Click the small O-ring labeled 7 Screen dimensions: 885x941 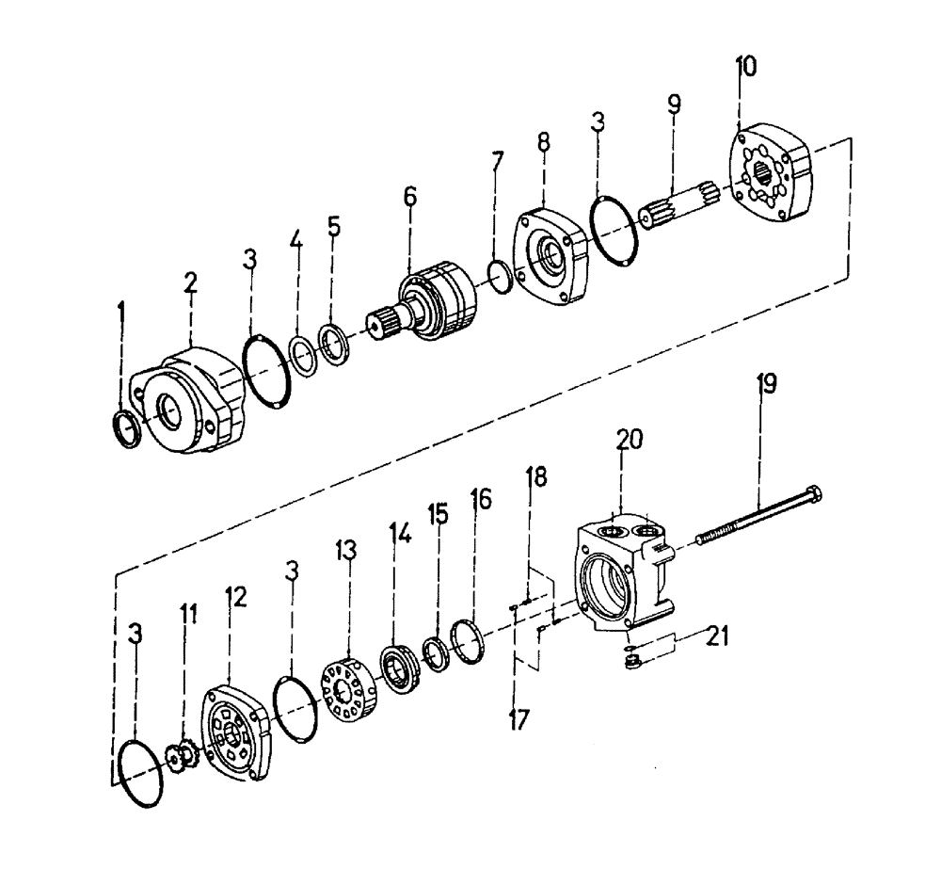point(500,276)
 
